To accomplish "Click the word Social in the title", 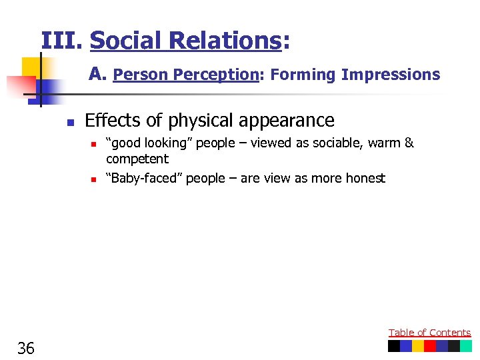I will [x=127, y=41].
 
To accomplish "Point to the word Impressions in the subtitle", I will [x=391, y=75].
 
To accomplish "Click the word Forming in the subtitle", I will [x=303, y=75].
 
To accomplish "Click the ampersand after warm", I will [x=409, y=143].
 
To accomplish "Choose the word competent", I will [x=137, y=159].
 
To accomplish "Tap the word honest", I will [x=363, y=178].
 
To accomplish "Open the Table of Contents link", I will [x=429, y=333].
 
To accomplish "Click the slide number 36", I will [x=27, y=347].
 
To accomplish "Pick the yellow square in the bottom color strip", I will [x=418, y=346].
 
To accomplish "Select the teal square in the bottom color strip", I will [x=466, y=346].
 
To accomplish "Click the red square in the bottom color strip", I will [x=430, y=346].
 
